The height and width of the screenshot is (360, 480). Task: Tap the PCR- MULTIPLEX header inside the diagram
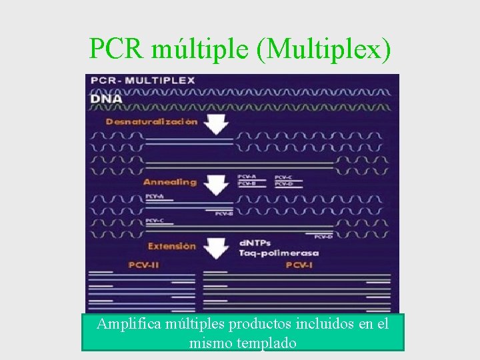(x=143, y=80)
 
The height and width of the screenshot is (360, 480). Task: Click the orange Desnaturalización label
(x=152, y=122)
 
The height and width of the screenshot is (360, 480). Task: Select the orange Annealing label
(x=170, y=182)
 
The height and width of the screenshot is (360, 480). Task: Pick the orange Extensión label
(x=172, y=246)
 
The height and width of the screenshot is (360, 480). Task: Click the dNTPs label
(x=255, y=243)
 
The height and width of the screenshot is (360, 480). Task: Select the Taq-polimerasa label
(x=279, y=253)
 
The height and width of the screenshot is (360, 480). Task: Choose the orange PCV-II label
(x=143, y=265)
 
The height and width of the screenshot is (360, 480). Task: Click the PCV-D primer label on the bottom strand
(x=323, y=236)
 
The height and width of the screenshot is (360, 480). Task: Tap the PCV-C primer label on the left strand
(x=155, y=221)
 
